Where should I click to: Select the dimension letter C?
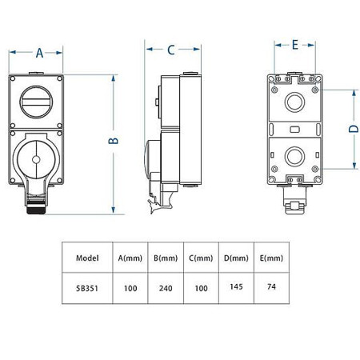[171, 50]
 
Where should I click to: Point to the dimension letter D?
[353, 128]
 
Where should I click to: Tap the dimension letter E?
[294, 45]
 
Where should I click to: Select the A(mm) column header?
[129, 258]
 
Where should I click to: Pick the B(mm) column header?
[166, 258]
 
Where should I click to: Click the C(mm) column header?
[202, 258]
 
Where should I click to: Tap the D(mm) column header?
[238, 258]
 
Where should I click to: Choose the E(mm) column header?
[272, 258]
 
